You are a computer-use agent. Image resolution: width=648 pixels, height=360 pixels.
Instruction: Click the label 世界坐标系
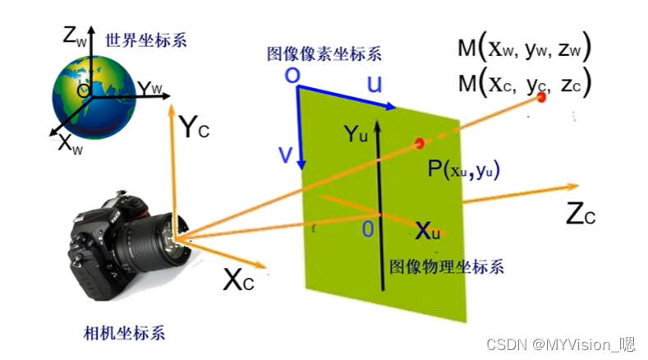[x=138, y=39]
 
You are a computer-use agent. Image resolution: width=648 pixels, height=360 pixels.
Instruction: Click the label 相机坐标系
[x=125, y=333]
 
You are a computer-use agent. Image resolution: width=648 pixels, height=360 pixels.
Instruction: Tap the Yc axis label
[x=198, y=127]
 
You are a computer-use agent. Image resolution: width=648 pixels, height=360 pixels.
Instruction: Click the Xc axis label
[x=238, y=281]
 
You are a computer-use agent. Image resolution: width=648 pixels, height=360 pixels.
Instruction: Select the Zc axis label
[x=580, y=214]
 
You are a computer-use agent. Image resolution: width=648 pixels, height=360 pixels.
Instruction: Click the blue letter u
[x=374, y=85]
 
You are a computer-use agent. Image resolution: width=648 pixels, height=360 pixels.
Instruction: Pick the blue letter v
[x=284, y=154]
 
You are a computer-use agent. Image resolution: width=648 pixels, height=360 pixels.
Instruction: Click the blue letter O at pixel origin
[x=291, y=76]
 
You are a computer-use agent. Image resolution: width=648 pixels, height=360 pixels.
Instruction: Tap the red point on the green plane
[x=421, y=144]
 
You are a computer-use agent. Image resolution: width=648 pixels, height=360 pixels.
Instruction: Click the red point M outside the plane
[x=540, y=99]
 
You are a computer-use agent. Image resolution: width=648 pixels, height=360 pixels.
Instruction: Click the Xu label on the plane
[x=427, y=232]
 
